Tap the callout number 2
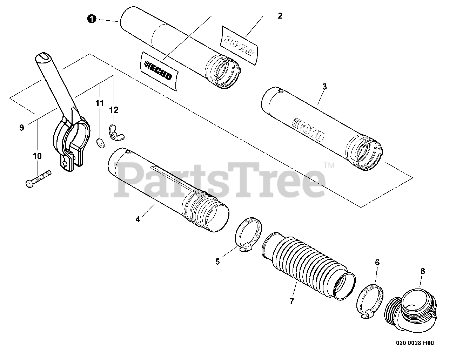pos(280,16)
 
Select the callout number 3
pos(324,87)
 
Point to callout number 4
pos(138,219)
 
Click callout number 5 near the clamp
pos(217,261)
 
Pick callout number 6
pos(377,262)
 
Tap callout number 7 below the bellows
pos(291,301)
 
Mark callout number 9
pos(22,128)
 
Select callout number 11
pos(100,103)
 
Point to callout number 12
pos(114,110)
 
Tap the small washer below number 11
pos(100,143)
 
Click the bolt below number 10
pos(38,178)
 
